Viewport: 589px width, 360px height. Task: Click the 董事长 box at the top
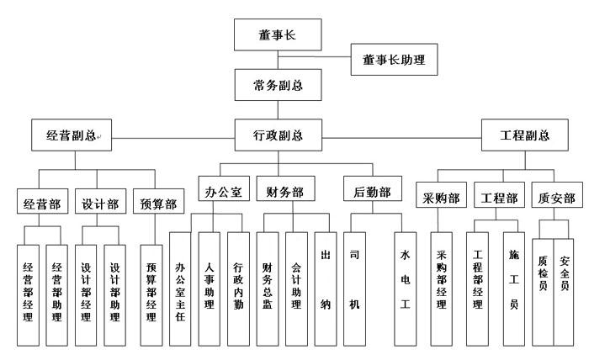[278, 36]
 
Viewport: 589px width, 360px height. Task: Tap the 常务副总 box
[278, 85]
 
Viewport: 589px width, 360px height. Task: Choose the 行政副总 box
[279, 135]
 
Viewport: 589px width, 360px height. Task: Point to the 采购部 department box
[441, 199]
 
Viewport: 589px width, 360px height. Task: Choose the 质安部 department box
[555, 199]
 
